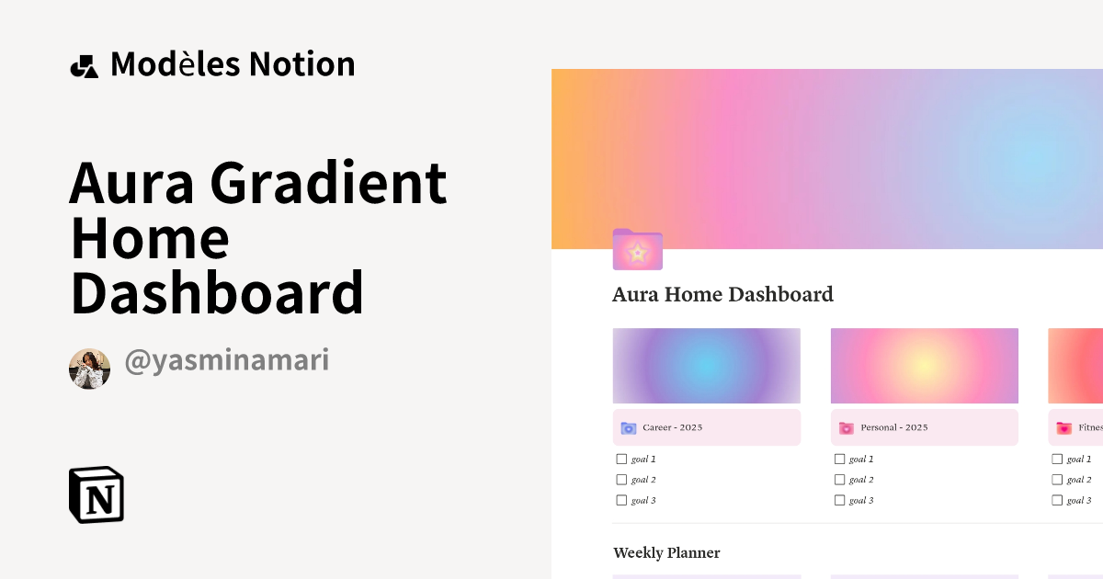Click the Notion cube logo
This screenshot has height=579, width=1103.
point(97,494)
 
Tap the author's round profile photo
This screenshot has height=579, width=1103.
point(89,369)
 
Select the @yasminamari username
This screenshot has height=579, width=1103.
point(226,361)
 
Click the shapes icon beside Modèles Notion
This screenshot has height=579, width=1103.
point(84,66)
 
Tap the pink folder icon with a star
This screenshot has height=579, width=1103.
point(637,250)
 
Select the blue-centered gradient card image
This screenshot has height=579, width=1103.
point(706,366)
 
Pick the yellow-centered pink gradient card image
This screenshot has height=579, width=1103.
point(924,366)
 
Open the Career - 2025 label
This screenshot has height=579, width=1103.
point(672,428)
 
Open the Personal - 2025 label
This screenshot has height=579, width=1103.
point(893,428)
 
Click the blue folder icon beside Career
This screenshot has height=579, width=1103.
point(629,428)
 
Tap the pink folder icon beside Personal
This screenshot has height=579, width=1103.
point(847,428)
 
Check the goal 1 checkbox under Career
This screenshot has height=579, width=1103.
point(621,459)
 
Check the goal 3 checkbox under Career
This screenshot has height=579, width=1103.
point(621,500)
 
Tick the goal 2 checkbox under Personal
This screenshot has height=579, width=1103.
point(839,480)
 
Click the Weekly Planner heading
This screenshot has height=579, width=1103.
point(666,553)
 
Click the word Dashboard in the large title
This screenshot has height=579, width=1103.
point(217,292)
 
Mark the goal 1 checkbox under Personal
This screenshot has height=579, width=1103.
point(839,459)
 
